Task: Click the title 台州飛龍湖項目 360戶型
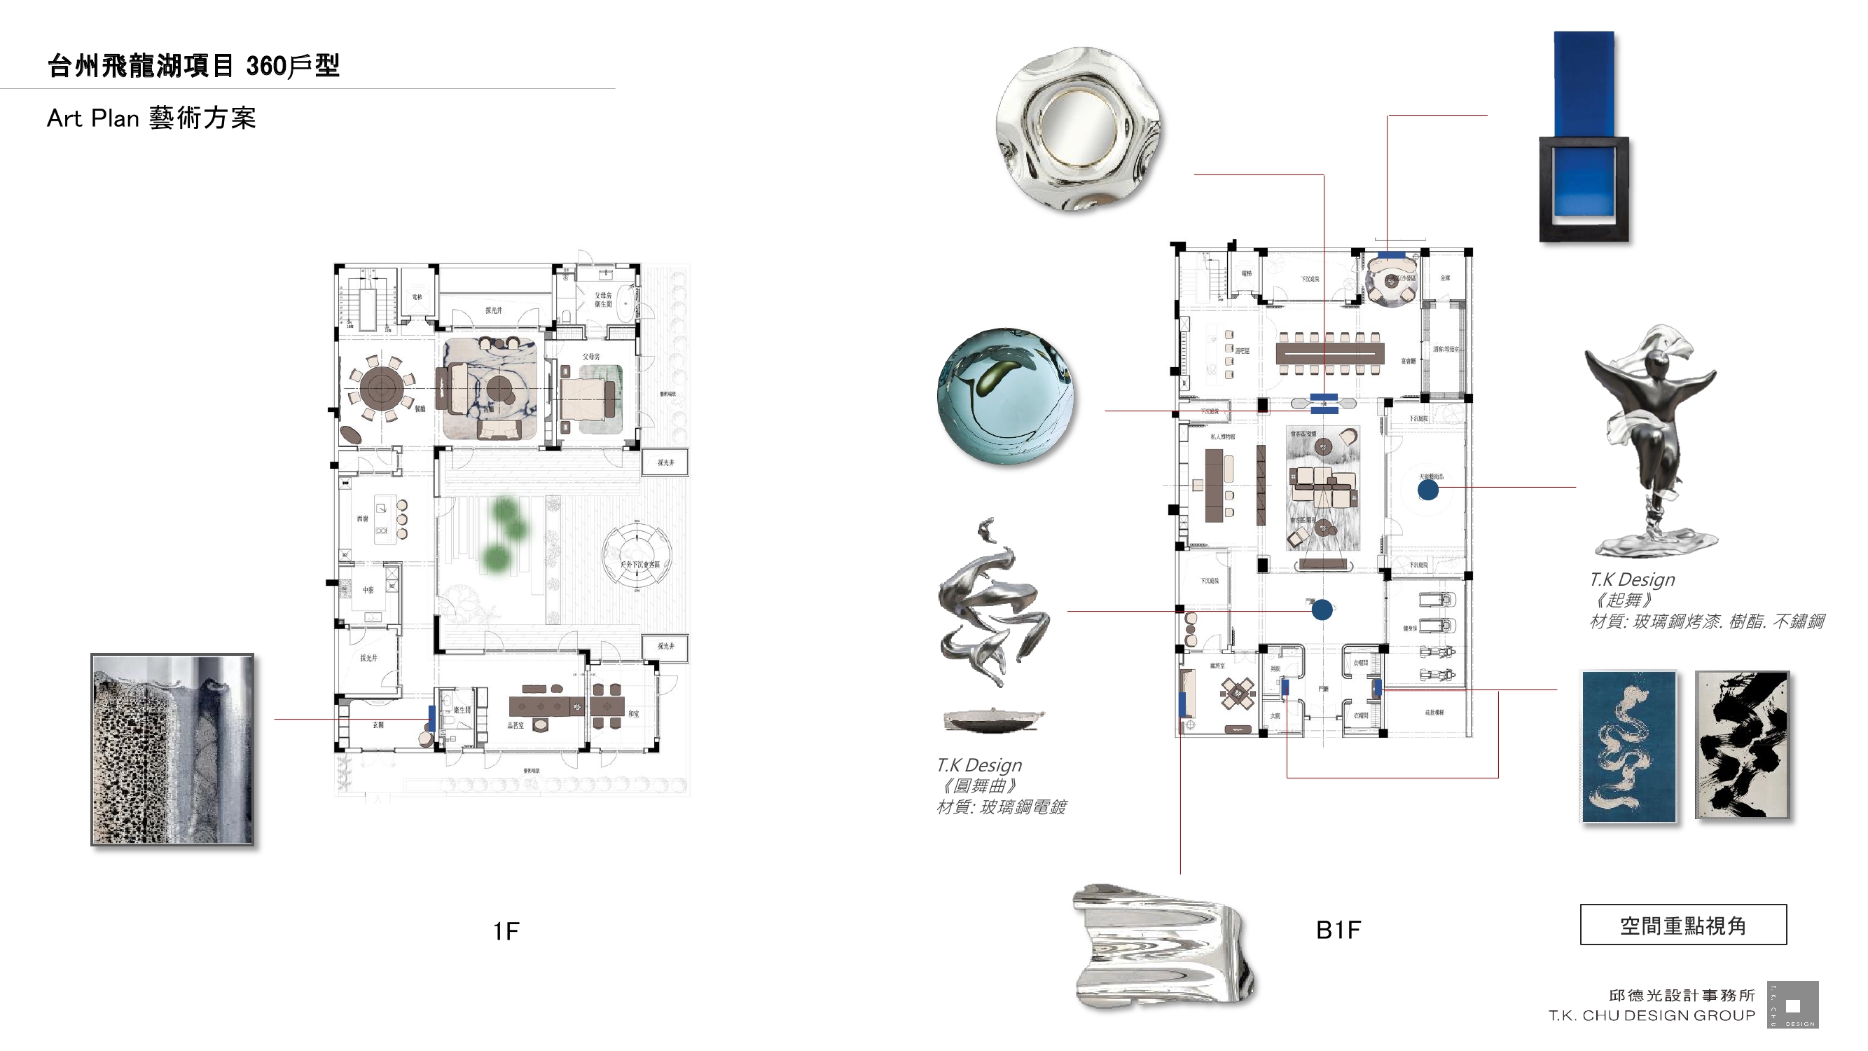pyautogui.click(x=193, y=66)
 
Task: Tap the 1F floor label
pyautogui.click(x=506, y=931)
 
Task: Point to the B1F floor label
pyautogui.click(x=1338, y=930)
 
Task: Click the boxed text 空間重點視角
pyautogui.click(x=1682, y=926)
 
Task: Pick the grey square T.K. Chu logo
pyautogui.click(x=1792, y=1005)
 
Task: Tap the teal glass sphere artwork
pyautogui.click(x=1005, y=396)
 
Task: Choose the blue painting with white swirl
pyautogui.click(x=1628, y=746)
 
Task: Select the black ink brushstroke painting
pyautogui.click(x=1741, y=745)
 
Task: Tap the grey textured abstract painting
pyautogui.click(x=172, y=750)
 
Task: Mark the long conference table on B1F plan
pyautogui.click(x=1329, y=353)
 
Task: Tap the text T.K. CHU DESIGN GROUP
pyautogui.click(x=1651, y=1016)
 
